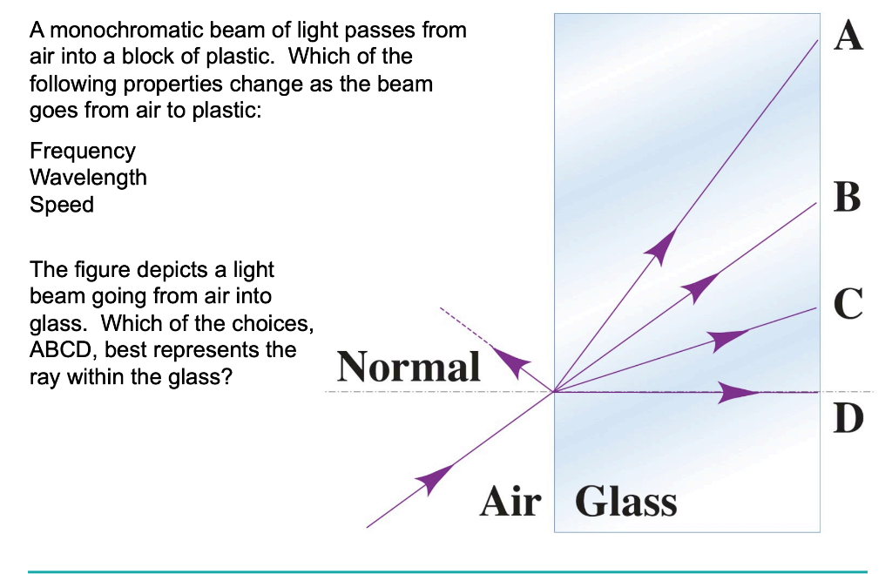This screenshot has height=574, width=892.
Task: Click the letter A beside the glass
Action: point(848,36)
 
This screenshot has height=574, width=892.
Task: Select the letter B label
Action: point(847,197)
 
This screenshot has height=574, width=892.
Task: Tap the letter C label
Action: point(848,302)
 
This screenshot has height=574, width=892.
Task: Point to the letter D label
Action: point(848,418)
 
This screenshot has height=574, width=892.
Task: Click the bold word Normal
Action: point(409,367)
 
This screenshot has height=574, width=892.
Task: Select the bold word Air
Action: point(510,502)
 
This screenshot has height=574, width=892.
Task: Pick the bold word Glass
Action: point(626,502)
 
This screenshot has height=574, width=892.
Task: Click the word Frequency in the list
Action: point(83,151)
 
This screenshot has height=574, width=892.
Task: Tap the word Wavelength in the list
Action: point(88,178)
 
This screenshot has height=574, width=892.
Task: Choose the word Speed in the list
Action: point(62,205)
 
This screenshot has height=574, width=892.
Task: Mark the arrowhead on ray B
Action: point(702,286)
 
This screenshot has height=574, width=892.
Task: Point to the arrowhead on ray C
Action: point(728,339)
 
